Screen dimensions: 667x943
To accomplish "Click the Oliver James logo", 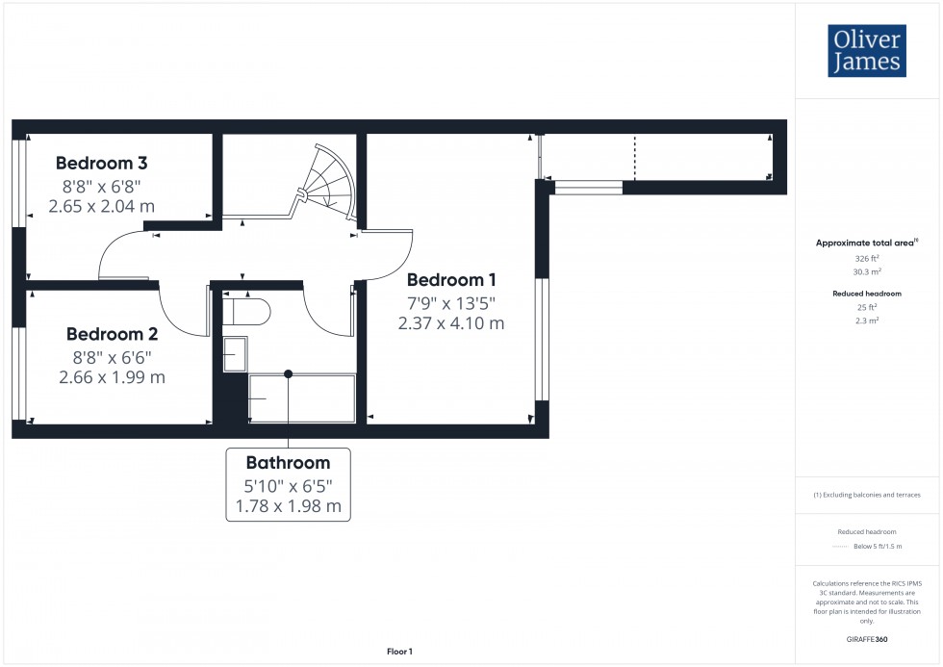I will point(866,51).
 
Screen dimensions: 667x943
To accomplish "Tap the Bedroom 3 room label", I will point(101,163).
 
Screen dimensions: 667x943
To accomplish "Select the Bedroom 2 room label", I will point(112,334).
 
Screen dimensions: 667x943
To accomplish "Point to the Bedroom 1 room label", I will point(451,280).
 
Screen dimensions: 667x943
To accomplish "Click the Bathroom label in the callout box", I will point(288,462).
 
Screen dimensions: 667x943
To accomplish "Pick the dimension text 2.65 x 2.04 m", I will point(101,206).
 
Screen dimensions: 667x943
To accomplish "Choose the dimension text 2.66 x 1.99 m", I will point(112,377).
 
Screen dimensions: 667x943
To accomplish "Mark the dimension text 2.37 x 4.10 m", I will point(451,323).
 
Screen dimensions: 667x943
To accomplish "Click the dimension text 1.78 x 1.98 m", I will point(288,505).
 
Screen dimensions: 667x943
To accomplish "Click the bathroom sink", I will point(235,354).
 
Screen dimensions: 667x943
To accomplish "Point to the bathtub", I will point(302,397).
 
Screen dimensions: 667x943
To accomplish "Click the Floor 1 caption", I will point(399,652).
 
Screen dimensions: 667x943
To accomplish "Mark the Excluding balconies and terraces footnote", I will point(867,495).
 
